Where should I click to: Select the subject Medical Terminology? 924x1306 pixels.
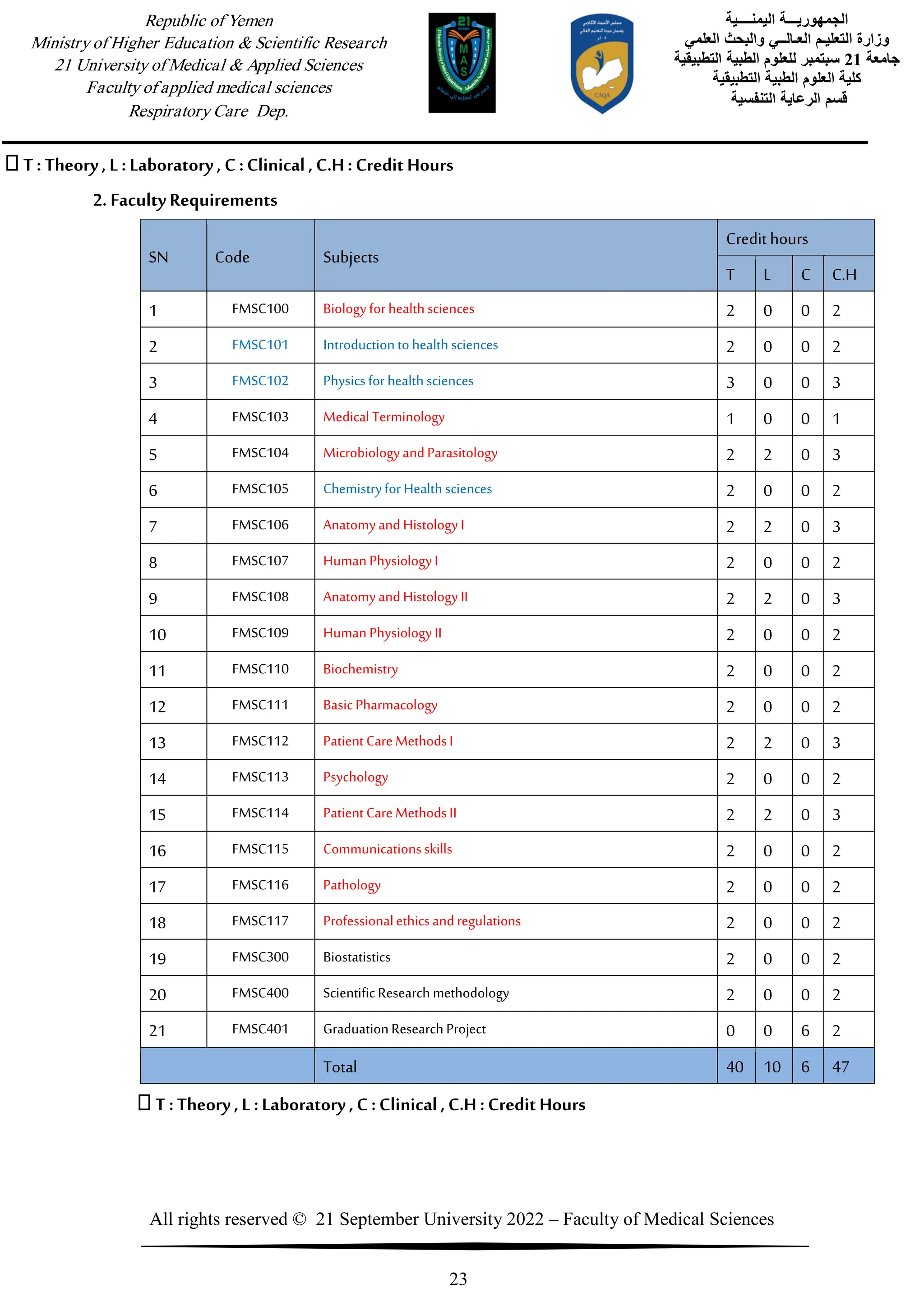(x=383, y=417)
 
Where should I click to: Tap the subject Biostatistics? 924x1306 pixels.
(x=357, y=957)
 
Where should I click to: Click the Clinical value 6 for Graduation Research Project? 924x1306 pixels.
(x=805, y=1031)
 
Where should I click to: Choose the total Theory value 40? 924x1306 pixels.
(x=735, y=1067)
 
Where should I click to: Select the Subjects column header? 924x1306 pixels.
(x=351, y=257)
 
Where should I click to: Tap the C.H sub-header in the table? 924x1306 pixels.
(x=844, y=275)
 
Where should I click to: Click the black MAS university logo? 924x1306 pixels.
(x=462, y=63)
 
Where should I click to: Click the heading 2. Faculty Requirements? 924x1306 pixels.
(x=185, y=200)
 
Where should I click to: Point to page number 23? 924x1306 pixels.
(x=458, y=1278)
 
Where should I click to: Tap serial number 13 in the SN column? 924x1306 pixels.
(x=157, y=743)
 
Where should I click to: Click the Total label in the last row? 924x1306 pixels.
(x=340, y=1067)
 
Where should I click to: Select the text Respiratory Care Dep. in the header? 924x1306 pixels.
(x=208, y=110)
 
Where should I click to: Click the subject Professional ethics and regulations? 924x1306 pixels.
(x=421, y=921)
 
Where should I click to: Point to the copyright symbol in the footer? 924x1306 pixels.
(x=299, y=1219)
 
